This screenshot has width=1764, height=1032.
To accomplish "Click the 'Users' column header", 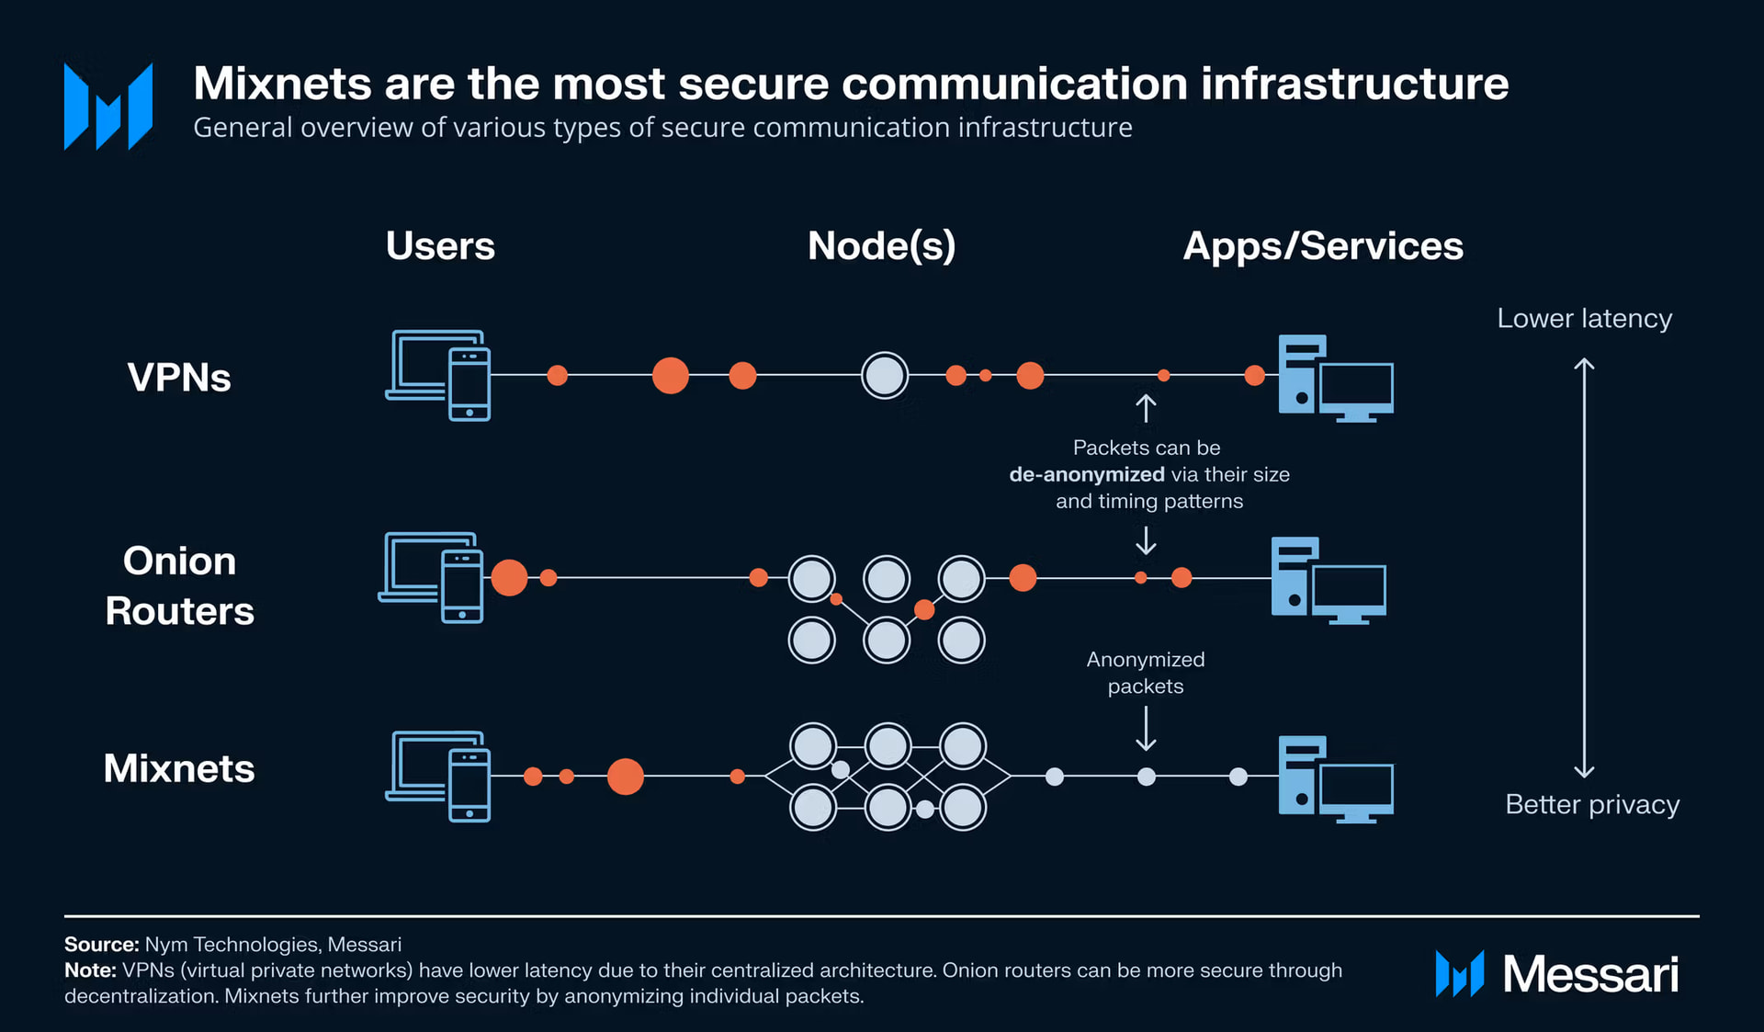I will tap(440, 245).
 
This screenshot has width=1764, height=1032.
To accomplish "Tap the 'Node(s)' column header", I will tap(881, 245).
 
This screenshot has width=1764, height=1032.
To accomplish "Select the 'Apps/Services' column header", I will tap(1322, 245).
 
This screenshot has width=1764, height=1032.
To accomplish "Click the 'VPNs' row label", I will tap(179, 378).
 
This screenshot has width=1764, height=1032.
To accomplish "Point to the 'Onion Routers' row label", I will tap(179, 585).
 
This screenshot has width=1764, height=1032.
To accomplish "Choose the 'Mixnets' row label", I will tap(179, 768).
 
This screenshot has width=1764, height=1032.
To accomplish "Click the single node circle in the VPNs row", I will tap(885, 375).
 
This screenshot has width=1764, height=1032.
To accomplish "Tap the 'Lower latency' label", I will tap(1584, 318).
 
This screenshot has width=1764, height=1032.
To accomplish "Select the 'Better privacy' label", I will tap(1591, 804).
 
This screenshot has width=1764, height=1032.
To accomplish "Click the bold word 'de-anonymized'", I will tap(1086, 474).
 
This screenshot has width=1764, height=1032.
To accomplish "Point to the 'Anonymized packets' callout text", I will tap(1145, 673).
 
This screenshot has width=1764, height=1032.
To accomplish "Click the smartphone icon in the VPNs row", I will tap(469, 383).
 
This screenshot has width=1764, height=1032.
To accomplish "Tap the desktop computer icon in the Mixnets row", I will tap(1336, 778).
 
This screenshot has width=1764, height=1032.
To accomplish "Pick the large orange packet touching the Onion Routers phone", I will tap(509, 577).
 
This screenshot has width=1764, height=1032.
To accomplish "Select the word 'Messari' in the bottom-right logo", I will tap(1590, 974).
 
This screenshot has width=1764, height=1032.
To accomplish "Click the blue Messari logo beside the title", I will tap(108, 106).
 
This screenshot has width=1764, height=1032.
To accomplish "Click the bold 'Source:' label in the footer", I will tap(101, 944).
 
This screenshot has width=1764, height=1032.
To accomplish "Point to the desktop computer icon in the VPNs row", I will tap(1336, 378).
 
